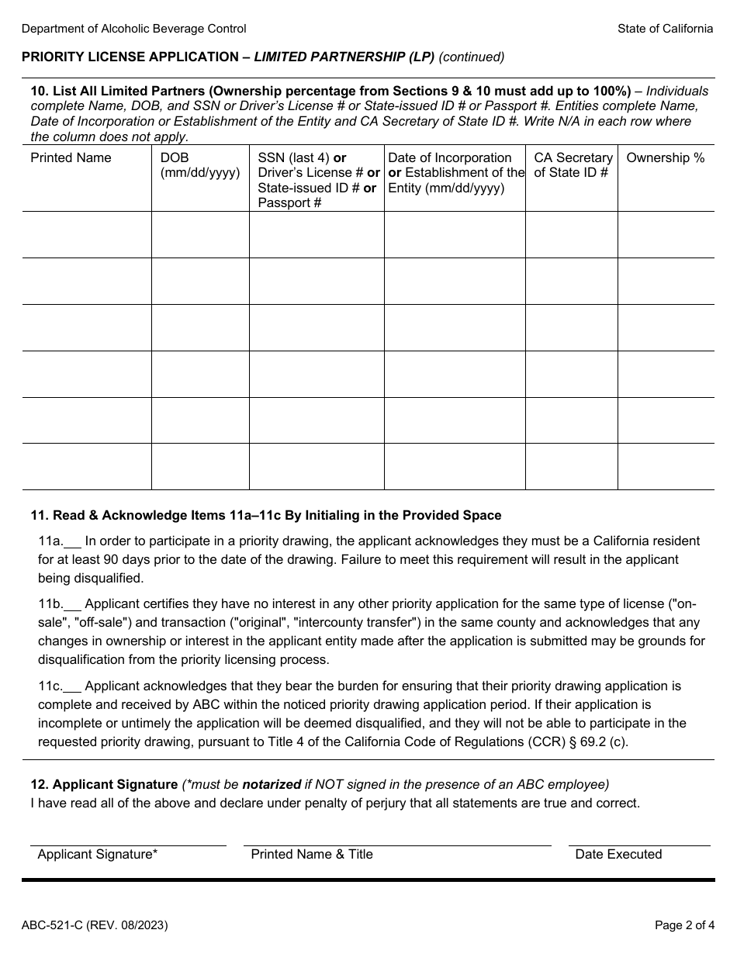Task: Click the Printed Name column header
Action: (x=71, y=158)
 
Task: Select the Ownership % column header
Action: (x=665, y=158)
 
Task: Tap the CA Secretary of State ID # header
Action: (x=573, y=165)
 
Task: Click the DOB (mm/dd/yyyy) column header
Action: (x=199, y=165)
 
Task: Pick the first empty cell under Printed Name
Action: (x=87, y=234)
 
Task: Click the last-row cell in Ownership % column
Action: (x=665, y=466)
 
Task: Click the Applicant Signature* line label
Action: (x=98, y=854)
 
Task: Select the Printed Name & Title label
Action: (x=312, y=854)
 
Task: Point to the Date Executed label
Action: (x=618, y=854)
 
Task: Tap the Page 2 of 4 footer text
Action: (x=683, y=925)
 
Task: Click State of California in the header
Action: (x=665, y=29)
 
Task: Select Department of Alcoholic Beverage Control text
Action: (x=134, y=29)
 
